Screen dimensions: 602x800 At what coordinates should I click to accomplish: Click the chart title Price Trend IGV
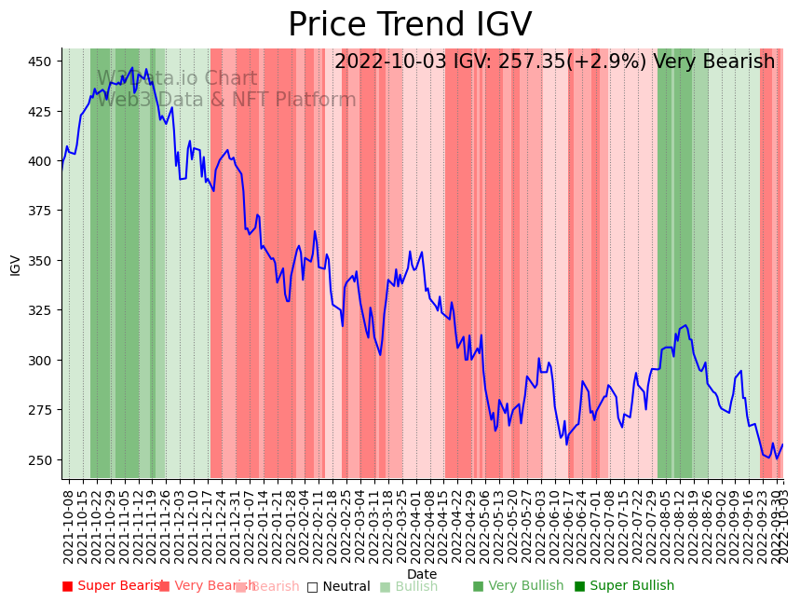coord(410,25)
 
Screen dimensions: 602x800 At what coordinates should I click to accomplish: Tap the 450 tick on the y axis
coord(43,62)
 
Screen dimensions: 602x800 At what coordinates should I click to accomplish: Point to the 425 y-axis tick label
coord(43,111)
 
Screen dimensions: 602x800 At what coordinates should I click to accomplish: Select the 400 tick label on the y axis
coord(43,161)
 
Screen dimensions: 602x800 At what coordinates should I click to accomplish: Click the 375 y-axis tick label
coord(43,211)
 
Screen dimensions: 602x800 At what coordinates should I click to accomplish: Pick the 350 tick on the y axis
coord(43,261)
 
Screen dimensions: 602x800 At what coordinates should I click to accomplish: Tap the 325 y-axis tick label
coord(43,310)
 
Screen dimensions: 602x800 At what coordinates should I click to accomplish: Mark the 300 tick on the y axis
coord(43,361)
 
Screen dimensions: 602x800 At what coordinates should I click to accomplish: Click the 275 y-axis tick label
coord(43,410)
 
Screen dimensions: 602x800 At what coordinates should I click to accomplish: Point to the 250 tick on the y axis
coord(43,460)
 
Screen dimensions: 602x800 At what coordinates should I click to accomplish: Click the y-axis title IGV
coord(15,264)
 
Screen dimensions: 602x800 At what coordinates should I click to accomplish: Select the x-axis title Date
coord(422,574)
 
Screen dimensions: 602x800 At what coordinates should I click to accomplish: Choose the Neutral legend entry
coord(346,586)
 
